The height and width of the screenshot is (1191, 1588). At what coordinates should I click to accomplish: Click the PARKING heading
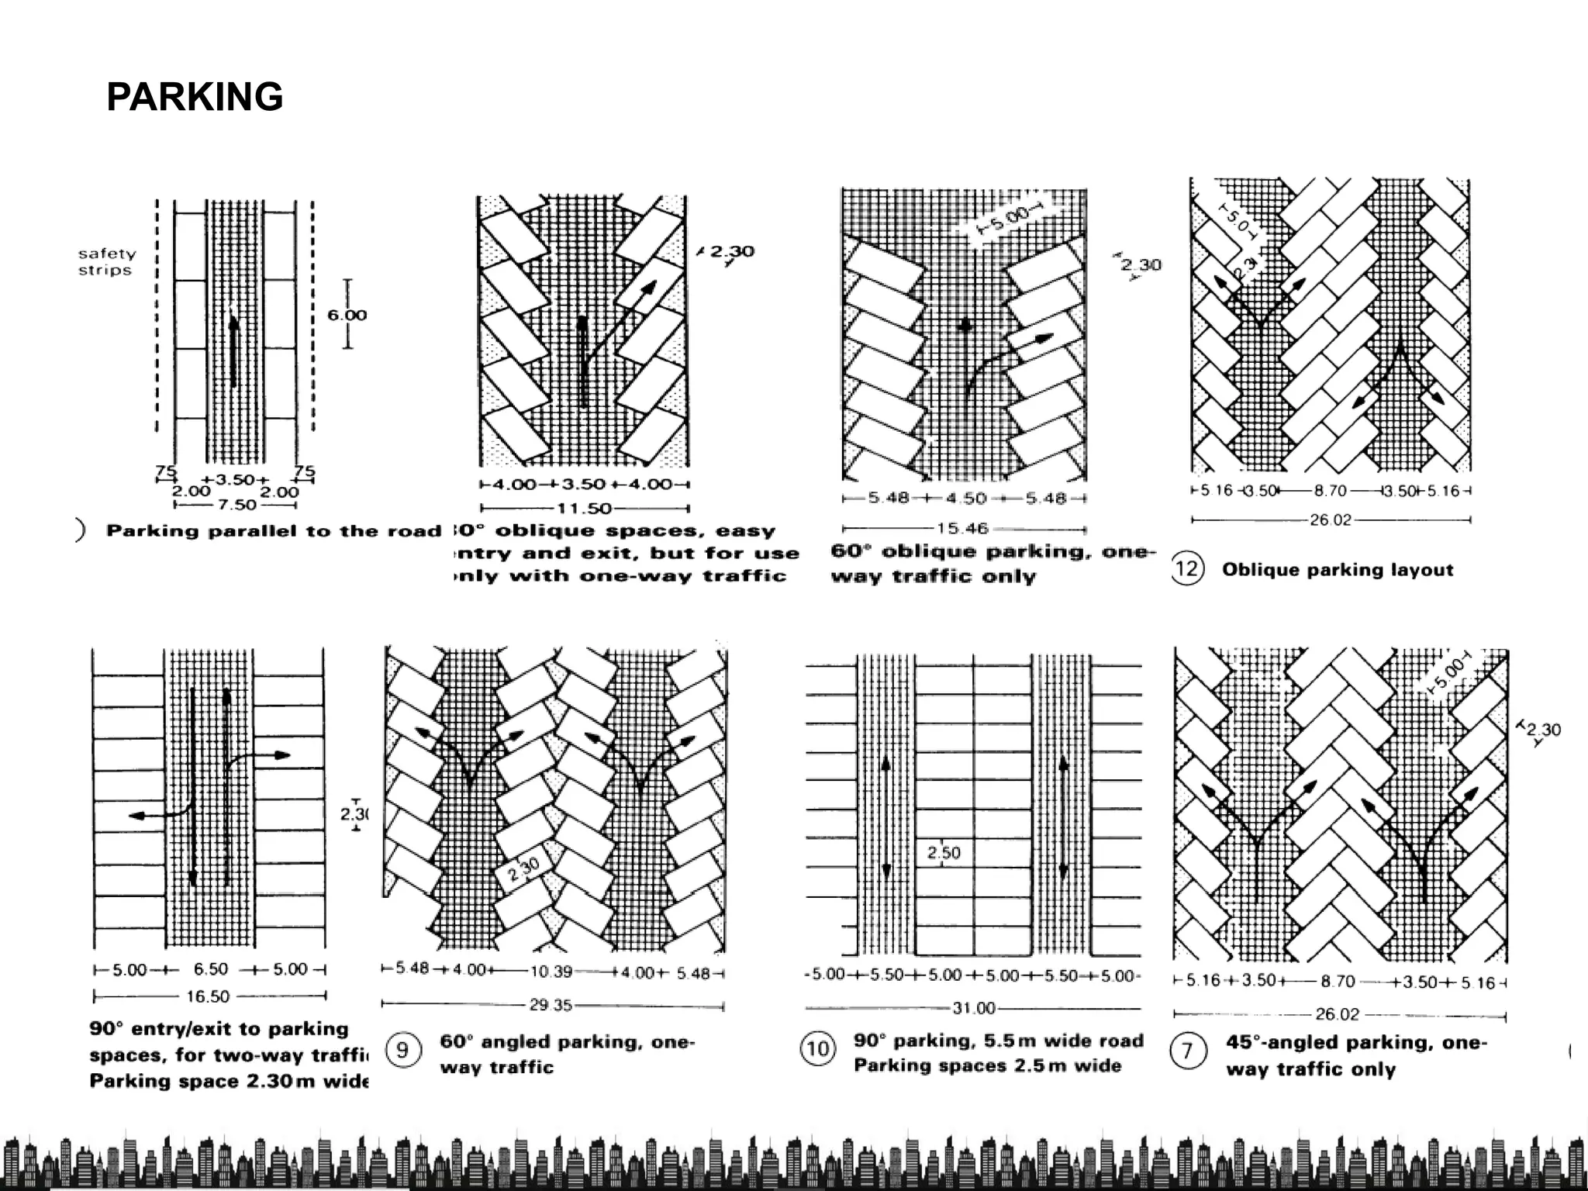point(195,98)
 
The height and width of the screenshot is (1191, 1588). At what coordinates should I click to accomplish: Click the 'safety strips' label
point(106,262)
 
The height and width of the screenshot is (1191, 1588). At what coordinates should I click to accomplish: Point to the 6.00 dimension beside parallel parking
point(347,315)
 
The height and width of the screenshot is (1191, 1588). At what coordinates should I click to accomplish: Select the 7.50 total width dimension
point(236,505)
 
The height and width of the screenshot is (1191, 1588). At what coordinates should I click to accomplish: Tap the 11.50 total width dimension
point(584,509)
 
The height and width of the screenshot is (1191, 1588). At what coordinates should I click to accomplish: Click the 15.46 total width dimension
point(962,529)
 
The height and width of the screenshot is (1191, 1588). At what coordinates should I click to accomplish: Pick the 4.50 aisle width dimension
point(964,499)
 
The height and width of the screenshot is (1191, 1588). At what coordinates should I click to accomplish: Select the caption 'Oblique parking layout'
point(1338,570)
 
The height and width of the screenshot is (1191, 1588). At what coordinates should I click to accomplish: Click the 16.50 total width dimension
point(208,996)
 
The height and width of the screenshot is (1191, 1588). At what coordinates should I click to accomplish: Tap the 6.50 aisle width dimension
point(210,969)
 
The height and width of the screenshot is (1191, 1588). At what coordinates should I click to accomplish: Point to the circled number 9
point(402,1051)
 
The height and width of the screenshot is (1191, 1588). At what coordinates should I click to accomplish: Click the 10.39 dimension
point(551,972)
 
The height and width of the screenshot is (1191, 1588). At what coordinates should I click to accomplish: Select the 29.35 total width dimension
point(551,1006)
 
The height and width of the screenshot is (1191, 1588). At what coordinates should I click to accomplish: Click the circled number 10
point(818,1050)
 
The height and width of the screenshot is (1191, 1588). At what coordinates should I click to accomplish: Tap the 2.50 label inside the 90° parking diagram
point(944,853)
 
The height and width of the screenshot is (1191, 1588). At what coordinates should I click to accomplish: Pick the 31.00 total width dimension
point(973,1008)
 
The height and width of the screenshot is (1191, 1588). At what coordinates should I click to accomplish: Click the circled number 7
point(1187,1052)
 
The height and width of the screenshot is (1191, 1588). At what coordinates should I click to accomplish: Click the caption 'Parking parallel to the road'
point(274,531)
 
